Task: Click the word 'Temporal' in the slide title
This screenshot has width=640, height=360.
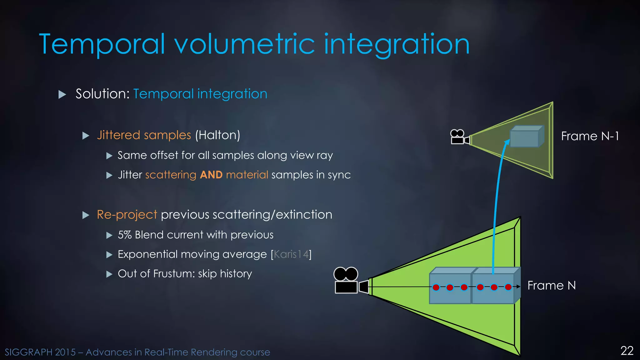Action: coord(102,44)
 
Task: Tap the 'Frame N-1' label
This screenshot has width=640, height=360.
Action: coord(590,136)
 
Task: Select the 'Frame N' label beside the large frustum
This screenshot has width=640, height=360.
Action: coord(552,286)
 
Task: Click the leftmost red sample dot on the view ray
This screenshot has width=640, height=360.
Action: coord(436,287)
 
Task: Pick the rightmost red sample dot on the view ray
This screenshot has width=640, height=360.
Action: coord(508,287)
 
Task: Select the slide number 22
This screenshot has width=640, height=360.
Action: coord(627,351)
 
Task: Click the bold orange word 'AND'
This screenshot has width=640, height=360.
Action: coord(211,175)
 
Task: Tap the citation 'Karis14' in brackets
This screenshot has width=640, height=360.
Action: coord(291,254)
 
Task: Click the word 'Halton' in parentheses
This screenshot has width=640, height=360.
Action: coord(217,135)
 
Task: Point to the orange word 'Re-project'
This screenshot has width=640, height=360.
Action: coord(127,215)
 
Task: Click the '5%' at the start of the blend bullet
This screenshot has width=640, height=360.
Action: coord(125,235)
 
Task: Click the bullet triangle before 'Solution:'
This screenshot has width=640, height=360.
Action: coord(62,94)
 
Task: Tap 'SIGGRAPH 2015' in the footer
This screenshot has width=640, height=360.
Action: coord(40,352)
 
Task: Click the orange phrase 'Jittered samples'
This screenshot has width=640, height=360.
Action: coord(144,135)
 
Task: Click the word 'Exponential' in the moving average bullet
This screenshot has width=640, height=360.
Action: coord(147,254)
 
